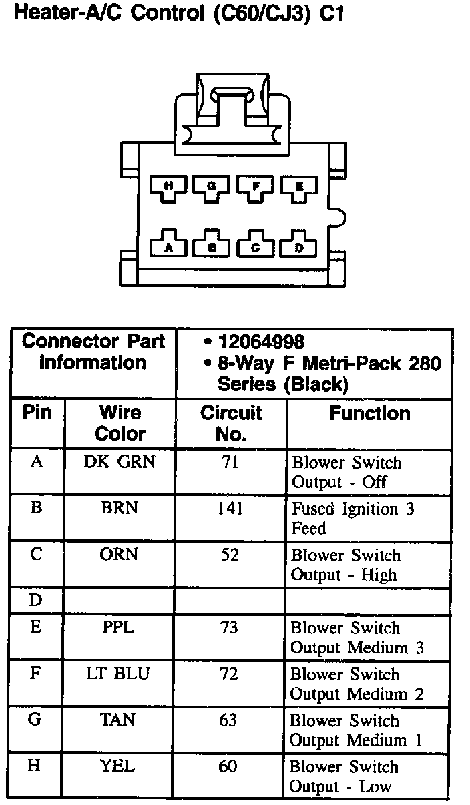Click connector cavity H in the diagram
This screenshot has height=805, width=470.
[168, 187]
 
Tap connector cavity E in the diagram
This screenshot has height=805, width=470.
[299, 187]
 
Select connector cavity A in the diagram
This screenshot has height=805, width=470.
[168, 246]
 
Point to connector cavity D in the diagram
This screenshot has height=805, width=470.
[299, 246]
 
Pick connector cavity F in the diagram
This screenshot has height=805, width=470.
[256, 187]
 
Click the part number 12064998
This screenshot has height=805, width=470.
[261, 342]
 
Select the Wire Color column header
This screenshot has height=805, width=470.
[120, 423]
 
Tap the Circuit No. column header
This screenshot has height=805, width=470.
[231, 423]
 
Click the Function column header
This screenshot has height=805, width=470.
[369, 413]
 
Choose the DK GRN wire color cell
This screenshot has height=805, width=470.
[120, 462]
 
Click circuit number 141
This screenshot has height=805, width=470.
[230, 509]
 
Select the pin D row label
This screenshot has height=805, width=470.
[36, 601]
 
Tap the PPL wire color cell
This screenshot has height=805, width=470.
[119, 628]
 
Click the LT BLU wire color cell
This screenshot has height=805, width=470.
[119, 674]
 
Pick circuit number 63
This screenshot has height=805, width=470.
[228, 720]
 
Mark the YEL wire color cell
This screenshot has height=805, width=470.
[117, 766]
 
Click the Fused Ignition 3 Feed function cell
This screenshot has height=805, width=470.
[352, 519]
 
